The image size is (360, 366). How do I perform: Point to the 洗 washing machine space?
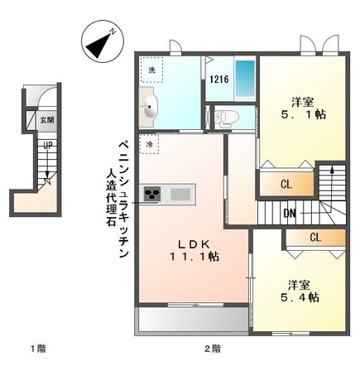[151, 70]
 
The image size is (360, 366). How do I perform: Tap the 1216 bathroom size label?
[218, 80]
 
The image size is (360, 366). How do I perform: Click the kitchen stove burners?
[155, 195]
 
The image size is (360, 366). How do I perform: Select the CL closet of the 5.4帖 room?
[314, 238]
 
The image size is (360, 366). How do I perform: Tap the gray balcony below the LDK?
[192, 319]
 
